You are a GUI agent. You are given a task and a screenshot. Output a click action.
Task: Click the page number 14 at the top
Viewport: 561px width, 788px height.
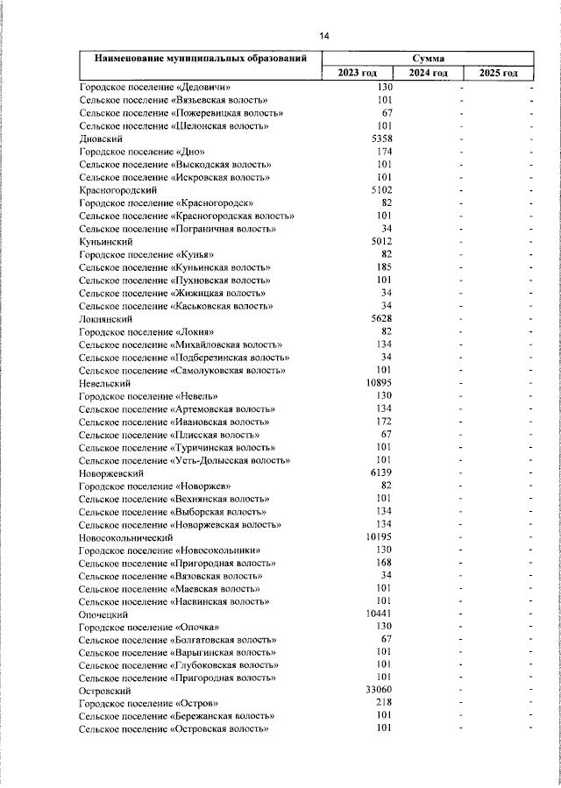point(323,36)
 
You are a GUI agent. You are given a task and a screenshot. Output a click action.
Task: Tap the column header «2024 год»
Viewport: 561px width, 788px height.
point(429,73)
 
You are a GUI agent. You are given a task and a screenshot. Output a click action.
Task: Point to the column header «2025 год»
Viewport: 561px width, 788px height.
point(499,73)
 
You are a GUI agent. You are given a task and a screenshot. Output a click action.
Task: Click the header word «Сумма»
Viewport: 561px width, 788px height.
point(428,58)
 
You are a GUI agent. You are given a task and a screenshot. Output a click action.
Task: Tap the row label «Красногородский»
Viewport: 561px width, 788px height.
point(117,189)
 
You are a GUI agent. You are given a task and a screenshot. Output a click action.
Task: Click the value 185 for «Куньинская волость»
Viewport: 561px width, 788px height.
point(383,266)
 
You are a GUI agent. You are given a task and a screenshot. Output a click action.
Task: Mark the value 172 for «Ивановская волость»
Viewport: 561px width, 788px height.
point(384,422)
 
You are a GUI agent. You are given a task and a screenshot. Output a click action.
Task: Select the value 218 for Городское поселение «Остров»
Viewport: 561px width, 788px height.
point(383,703)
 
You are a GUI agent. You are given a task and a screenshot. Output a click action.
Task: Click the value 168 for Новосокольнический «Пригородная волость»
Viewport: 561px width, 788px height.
point(384,563)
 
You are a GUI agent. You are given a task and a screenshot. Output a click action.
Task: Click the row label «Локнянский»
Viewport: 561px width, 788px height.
point(104,320)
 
